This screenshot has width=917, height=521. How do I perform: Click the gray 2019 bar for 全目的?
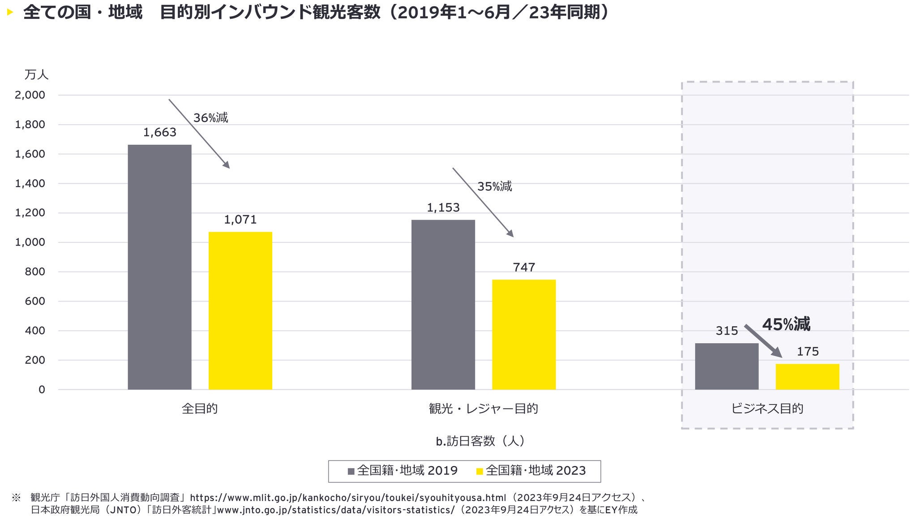click(x=159, y=267)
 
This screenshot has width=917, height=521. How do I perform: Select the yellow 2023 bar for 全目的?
click(x=240, y=310)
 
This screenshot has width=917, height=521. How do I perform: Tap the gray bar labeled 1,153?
click(x=443, y=305)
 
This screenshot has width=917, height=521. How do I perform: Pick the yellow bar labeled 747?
click(x=524, y=334)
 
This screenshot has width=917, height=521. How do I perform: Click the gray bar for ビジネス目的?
click(x=727, y=366)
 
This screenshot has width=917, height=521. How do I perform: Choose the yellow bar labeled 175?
click(x=807, y=377)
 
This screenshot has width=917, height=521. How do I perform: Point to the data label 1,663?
click(x=160, y=133)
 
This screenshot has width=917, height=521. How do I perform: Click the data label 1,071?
click(x=240, y=220)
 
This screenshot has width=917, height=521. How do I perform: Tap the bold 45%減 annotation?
click(x=786, y=324)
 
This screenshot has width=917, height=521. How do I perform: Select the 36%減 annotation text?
click(x=210, y=118)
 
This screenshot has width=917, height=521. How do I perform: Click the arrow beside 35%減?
click(x=483, y=202)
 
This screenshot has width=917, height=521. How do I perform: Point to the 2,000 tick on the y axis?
click(x=30, y=95)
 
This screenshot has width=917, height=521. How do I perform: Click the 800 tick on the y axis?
click(x=35, y=272)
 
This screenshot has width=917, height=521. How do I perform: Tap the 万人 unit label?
click(x=36, y=75)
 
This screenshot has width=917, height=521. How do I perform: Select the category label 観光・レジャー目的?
click(x=483, y=409)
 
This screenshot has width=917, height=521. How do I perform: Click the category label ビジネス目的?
click(x=767, y=409)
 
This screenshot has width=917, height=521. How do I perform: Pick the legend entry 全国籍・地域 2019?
click(x=403, y=471)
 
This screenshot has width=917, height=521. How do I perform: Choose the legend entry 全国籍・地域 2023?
click(x=531, y=471)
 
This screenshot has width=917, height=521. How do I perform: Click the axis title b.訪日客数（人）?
click(x=480, y=441)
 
